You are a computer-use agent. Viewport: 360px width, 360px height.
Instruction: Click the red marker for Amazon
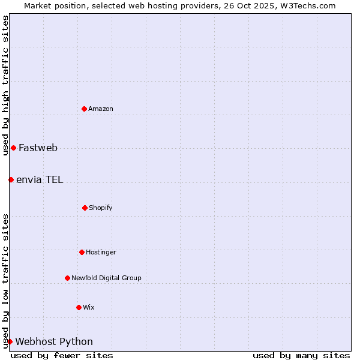pyautogui.click(x=85, y=109)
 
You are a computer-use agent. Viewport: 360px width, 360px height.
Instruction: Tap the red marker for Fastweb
pyautogui.click(x=13, y=148)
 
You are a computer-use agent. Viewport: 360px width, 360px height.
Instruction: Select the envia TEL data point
pyautogui.click(x=11, y=179)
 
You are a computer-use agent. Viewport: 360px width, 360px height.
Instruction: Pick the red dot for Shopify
pyautogui.click(x=85, y=208)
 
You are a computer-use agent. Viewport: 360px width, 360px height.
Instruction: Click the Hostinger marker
pyautogui.click(x=82, y=252)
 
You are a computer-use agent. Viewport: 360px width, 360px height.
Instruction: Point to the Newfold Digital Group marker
pyautogui.click(x=67, y=278)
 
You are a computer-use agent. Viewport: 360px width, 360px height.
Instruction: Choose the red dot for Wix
pyautogui.click(x=79, y=307)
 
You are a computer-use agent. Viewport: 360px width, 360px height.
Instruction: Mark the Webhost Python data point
pyautogui.click(x=10, y=341)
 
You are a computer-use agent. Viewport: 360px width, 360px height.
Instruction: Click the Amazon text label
pyautogui.click(x=101, y=109)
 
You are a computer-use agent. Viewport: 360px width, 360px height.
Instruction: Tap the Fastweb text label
pyautogui.click(x=38, y=148)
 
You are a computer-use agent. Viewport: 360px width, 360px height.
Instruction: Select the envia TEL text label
pyautogui.click(x=40, y=179)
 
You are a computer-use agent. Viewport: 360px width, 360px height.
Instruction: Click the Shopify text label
pyautogui.click(x=101, y=208)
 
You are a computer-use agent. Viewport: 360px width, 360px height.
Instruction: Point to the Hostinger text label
pyautogui.click(x=101, y=252)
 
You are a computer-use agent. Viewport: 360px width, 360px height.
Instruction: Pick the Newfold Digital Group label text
pyautogui.click(x=106, y=278)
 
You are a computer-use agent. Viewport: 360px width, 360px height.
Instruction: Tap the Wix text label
pyautogui.click(x=89, y=307)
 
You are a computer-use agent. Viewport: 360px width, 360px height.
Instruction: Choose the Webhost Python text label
pyautogui.click(x=54, y=341)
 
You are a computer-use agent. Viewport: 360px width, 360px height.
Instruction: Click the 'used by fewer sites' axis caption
pyautogui.click(x=62, y=355)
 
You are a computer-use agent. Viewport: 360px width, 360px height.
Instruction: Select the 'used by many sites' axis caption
pyautogui.click(x=301, y=355)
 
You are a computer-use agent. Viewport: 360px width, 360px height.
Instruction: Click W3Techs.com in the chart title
pyautogui.click(x=306, y=5)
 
